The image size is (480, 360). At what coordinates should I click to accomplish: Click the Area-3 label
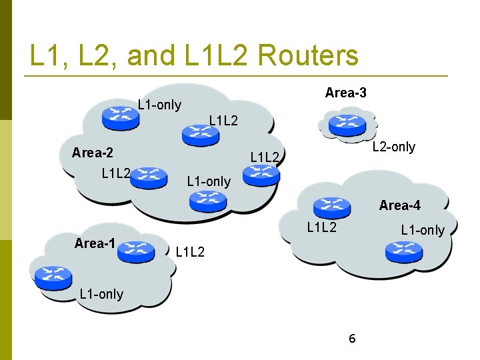click(345, 93)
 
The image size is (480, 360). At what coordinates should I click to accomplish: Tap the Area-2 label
click(92, 153)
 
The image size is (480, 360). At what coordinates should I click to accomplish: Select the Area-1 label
click(95, 243)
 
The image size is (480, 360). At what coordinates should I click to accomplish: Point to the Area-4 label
click(399, 205)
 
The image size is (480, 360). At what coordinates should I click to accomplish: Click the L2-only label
click(393, 147)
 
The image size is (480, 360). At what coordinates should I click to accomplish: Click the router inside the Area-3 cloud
click(346, 125)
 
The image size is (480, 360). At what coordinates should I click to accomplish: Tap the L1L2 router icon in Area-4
click(332, 207)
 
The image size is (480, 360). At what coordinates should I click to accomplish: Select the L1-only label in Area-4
click(422, 230)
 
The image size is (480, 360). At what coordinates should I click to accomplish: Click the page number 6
click(352, 339)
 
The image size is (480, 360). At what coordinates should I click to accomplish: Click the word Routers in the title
click(307, 56)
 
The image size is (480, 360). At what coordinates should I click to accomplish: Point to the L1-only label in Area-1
click(101, 293)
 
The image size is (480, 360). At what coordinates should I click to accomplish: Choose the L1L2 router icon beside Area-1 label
click(136, 251)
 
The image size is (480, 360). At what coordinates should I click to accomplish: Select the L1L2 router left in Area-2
click(148, 177)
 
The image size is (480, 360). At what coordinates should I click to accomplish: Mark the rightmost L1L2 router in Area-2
click(261, 175)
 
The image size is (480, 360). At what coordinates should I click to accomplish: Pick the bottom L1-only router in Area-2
click(206, 200)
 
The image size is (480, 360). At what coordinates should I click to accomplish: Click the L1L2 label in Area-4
click(321, 228)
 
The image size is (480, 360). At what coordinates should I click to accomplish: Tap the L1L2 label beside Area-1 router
click(190, 252)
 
